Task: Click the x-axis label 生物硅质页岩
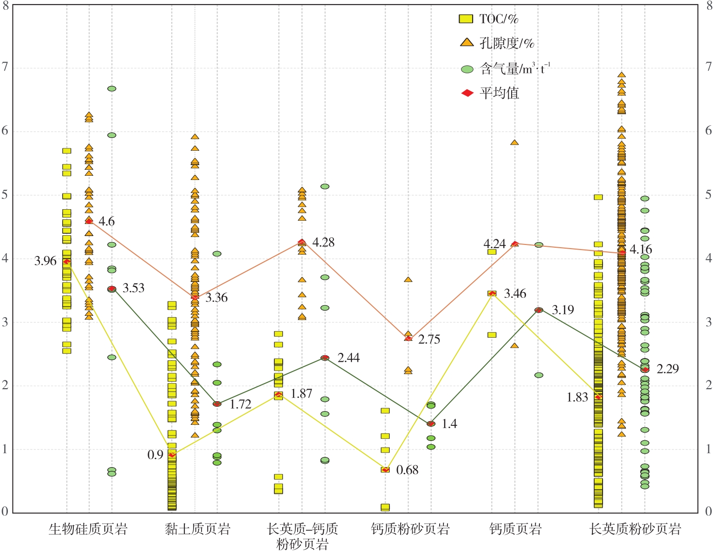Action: pos(88,529)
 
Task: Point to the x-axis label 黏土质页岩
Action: pos(197,529)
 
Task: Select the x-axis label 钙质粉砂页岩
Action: pos(410,529)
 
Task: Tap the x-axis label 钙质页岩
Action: pos(515,529)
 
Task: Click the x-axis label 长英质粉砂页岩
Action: pos(635,529)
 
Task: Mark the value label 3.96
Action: pos(45,261)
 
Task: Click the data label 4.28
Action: pos(323,242)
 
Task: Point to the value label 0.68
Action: pos(407,470)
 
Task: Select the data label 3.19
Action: pos(563,310)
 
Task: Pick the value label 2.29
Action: pos(668,369)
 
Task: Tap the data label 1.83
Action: pos(577,397)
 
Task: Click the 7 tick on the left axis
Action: pos(5,67)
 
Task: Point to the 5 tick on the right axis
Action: pos(708,195)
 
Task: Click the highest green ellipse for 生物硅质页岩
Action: pos(112,89)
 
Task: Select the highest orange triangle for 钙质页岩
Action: pos(514,142)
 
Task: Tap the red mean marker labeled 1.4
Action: pos(431,423)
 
